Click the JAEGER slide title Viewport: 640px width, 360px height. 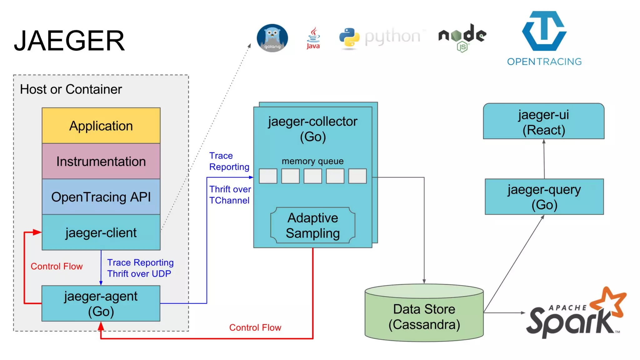point(69,41)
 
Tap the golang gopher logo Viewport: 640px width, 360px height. point(272,38)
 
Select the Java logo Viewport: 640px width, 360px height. point(313,38)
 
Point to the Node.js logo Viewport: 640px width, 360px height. point(462,37)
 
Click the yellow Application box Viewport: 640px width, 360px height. point(101,126)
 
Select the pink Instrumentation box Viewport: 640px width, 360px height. point(101,161)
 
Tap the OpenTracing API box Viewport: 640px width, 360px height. point(101,197)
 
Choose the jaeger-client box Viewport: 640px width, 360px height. point(101,232)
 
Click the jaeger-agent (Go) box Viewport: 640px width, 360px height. point(101,303)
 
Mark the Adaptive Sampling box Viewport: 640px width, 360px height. point(312,225)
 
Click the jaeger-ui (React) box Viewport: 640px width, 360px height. point(543,122)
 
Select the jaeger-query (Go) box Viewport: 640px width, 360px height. point(544,197)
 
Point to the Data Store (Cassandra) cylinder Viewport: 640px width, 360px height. point(424,316)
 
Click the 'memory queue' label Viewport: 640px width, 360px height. point(312,161)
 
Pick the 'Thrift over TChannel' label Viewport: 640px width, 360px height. point(230,195)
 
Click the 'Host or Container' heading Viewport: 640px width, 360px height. point(71,89)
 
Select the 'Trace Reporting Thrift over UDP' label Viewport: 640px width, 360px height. point(140,268)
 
